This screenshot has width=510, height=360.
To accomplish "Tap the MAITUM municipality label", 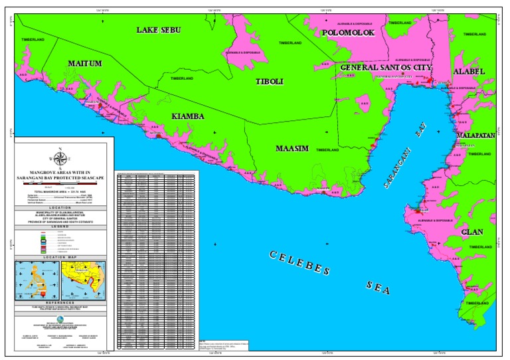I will coord(85,64).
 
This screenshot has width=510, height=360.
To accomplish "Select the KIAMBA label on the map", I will coord(188,116).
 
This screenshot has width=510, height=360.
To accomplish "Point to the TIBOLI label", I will coord(270,81).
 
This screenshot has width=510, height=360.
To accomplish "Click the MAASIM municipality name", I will coord(292,149).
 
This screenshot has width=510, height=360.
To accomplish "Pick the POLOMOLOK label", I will coord(349,33).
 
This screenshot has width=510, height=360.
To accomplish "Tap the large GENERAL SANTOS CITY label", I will coord(386,68).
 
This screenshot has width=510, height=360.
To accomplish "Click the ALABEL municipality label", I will coord(469,71).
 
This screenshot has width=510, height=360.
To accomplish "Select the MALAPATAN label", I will coord(475,135).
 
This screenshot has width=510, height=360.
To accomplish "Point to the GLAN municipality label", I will coord(472,232).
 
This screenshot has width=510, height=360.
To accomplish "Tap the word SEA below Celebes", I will coord(378,287).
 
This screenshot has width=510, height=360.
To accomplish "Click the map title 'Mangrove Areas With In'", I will coord(60,173).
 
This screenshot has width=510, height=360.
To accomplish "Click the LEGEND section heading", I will coord(60,226).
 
